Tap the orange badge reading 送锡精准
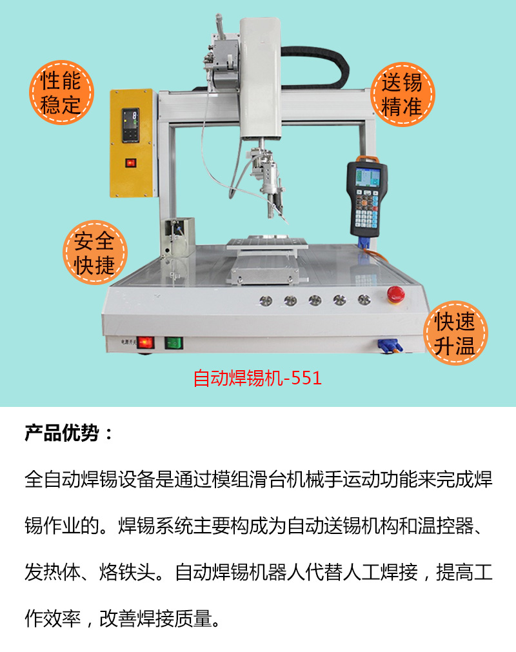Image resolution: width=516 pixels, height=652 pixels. (401, 95)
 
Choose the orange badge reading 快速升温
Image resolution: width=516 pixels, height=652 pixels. (454, 333)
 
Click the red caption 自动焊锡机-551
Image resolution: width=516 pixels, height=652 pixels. (257, 378)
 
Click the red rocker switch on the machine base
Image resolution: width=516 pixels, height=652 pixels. (148, 342)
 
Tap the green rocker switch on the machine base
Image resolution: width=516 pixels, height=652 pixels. (174, 342)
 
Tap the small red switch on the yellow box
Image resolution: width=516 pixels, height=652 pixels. (131, 162)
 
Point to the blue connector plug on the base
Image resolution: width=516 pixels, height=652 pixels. (389, 346)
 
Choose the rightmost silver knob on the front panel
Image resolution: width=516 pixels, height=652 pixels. (364, 300)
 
